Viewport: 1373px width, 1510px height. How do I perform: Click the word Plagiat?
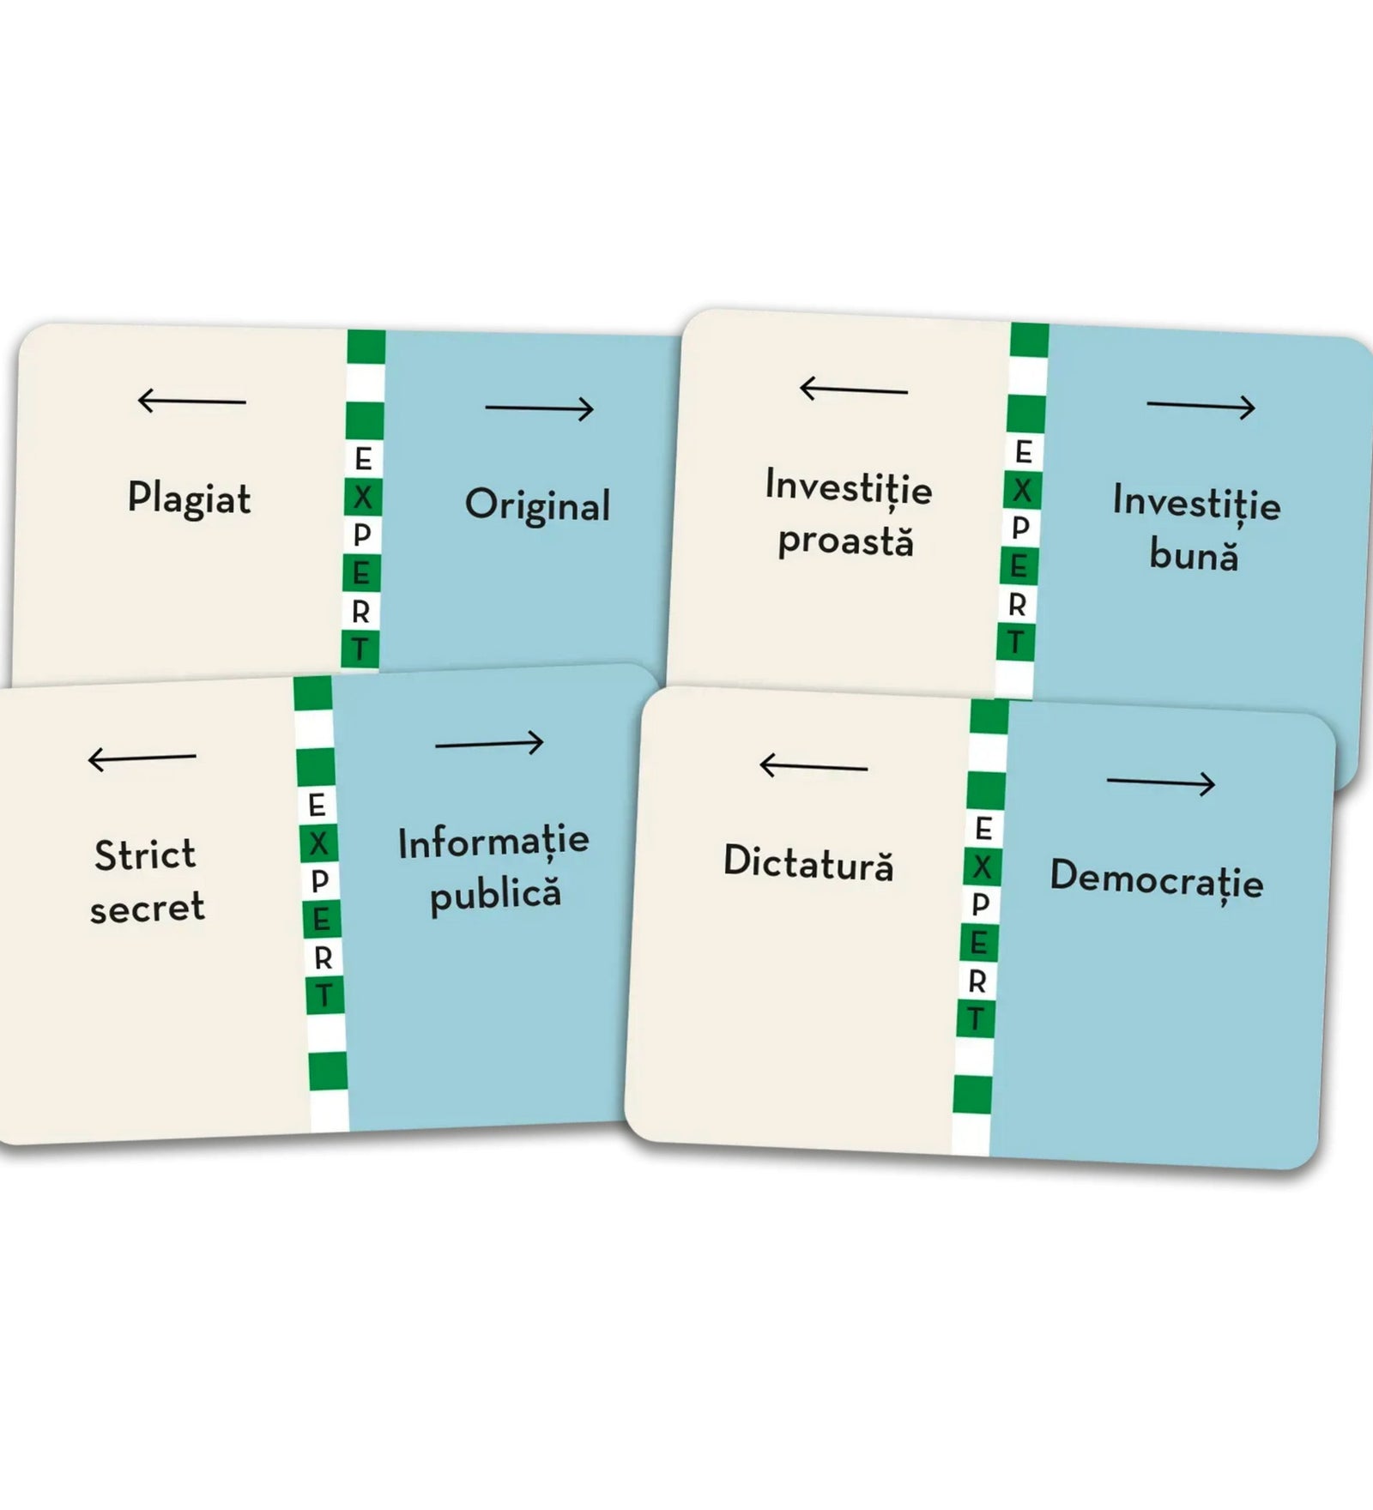tap(190, 499)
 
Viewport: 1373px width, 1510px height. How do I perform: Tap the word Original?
tap(538, 506)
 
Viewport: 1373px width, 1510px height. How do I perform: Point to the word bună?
tap(1194, 554)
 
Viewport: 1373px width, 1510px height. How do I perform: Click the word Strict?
tap(145, 855)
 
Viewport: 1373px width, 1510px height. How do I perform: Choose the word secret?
tap(148, 908)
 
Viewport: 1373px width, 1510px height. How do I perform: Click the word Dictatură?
tap(808, 862)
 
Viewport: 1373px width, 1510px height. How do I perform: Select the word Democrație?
tap(1157, 879)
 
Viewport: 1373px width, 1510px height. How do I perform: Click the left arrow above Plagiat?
tap(191, 401)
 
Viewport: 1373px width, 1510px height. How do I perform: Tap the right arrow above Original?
tap(540, 408)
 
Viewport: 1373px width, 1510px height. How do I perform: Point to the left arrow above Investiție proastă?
tap(853, 390)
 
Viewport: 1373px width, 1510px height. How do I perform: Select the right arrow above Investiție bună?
tap(1201, 407)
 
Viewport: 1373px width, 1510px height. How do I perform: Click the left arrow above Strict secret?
tap(142, 758)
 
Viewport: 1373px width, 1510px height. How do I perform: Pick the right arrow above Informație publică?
tap(489, 743)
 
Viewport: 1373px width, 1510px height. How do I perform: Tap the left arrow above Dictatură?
tap(814, 764)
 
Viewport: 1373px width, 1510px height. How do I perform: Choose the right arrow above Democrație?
tap(1161, 782)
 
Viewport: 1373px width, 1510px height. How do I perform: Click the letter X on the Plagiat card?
tap(362, 497)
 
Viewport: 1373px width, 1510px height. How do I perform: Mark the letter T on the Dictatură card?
tap(975, 1019)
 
